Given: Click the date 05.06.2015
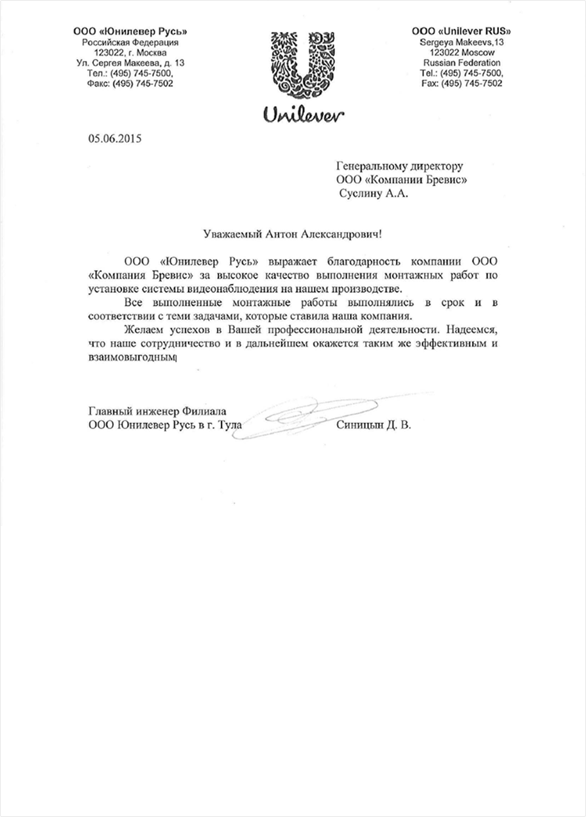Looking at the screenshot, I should click(115, 139).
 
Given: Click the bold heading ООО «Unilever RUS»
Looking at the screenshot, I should click(461, 31).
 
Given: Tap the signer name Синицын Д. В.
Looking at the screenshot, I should click(373, 425).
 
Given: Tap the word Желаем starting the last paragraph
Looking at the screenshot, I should click(141, 330).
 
